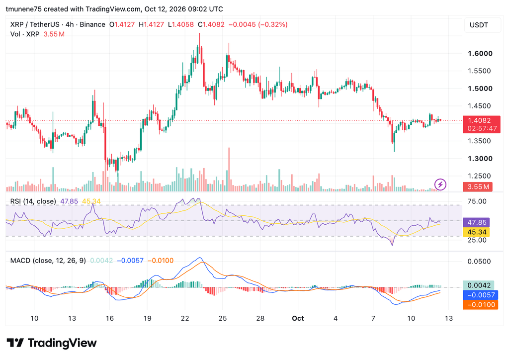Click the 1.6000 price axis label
click(480, 54)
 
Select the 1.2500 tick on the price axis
click(479, 176)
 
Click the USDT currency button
click(479, 25)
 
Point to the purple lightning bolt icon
click(440, 184)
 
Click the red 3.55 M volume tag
click(478, 186)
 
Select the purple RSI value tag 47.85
click(476, 222)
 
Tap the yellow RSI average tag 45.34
click(476, 232)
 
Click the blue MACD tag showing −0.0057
click(480, 295)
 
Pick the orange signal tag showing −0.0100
click(480, 305)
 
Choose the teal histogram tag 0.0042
click(479, 285)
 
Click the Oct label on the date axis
click(298, 318)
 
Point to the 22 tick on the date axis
click(185, 318)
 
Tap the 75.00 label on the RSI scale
click(477, 201)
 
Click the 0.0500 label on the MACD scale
click(479, 262)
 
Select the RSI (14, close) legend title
click(33, 201)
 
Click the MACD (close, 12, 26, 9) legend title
click(48, 261)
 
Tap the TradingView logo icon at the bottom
click(15, 343)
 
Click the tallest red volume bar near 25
click(229, 170)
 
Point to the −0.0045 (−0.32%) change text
click(258, 24)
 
